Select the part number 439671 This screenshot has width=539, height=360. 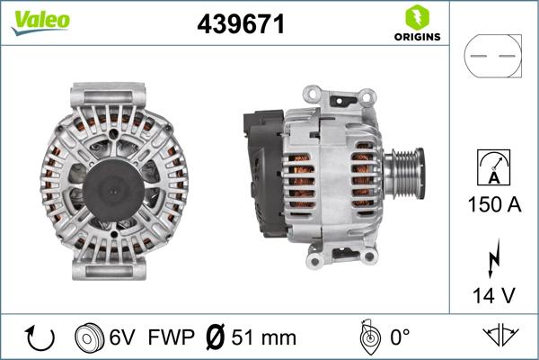241,25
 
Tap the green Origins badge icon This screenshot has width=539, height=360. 417,16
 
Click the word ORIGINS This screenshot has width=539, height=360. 417,37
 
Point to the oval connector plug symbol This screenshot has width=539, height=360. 492,56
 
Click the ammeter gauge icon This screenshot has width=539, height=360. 492,168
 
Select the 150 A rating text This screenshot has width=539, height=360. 493,204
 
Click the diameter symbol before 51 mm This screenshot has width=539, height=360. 216,338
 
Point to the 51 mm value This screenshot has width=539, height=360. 263,338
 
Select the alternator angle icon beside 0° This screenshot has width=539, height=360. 367,337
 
